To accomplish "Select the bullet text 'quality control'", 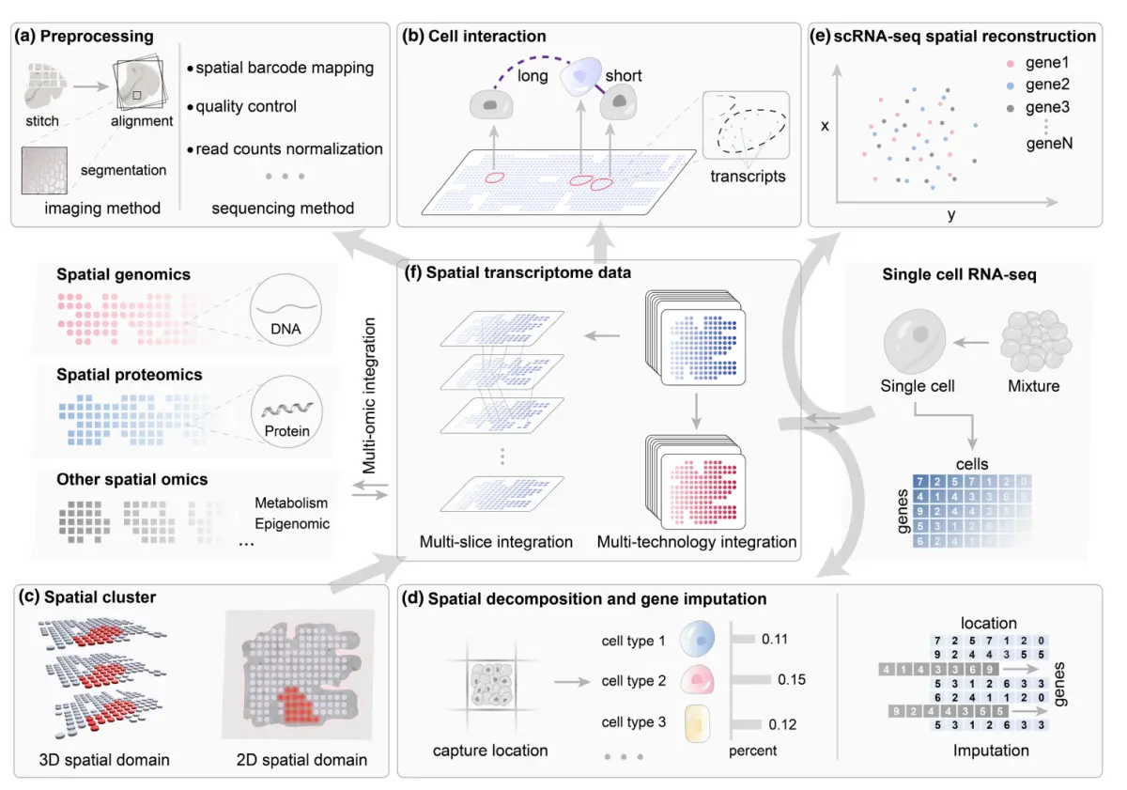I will point(246,107).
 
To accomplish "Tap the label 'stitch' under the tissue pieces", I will point(42,120).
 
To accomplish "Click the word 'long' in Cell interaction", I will point(533,75).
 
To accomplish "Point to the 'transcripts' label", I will point(748,176).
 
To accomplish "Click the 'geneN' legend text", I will point(1047,146).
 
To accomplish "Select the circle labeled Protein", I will point(286,414).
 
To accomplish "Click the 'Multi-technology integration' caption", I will point(697,542).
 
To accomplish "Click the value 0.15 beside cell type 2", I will point(793,681).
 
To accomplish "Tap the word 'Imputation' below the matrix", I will point(991,751).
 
